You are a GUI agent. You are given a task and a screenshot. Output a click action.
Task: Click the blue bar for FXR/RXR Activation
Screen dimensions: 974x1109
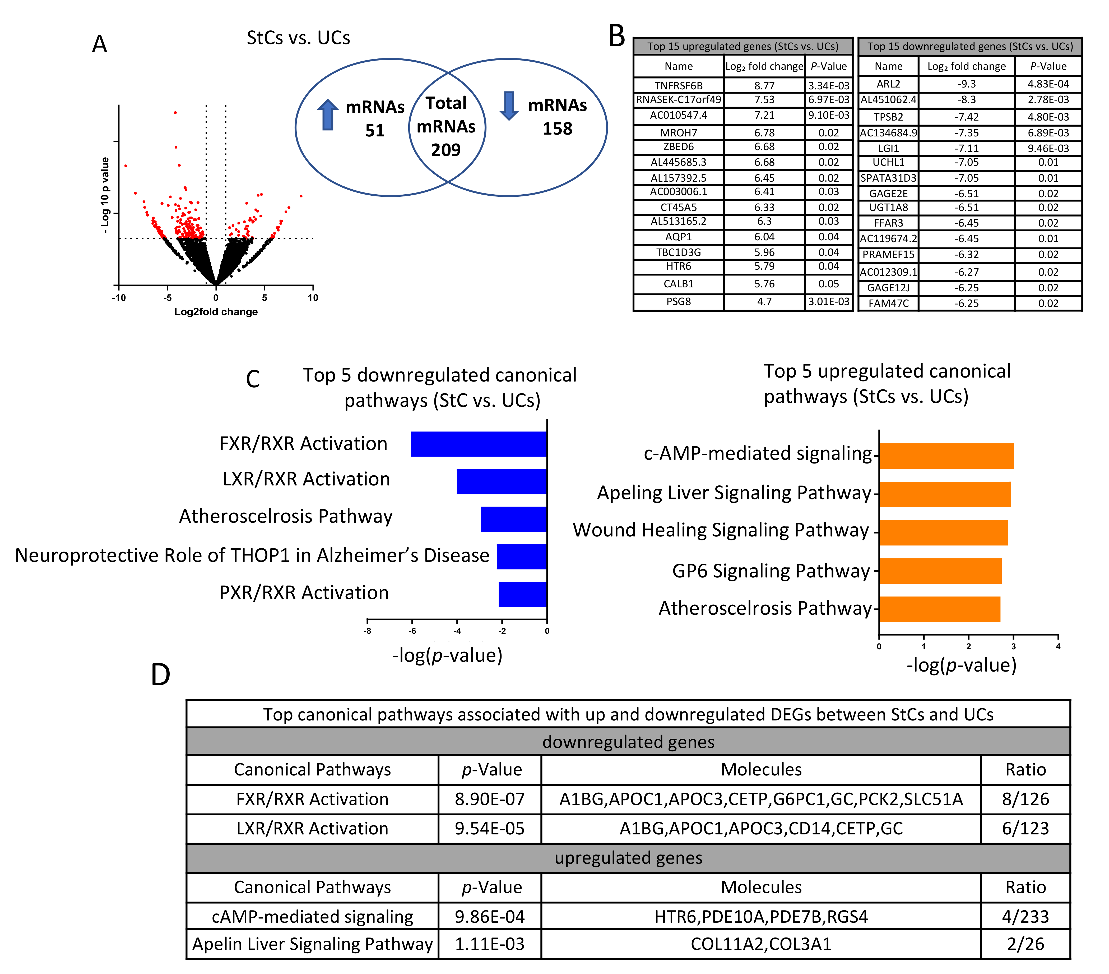(479, 444)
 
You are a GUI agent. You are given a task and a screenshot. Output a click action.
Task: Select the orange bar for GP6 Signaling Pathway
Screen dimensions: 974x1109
(940, 571)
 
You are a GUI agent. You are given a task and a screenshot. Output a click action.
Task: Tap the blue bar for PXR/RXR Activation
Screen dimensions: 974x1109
(522, 594)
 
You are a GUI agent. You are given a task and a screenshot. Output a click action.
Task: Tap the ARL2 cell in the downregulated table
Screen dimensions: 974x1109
(888, 84)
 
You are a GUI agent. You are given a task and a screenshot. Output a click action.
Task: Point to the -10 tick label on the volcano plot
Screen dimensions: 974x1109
(119, 297)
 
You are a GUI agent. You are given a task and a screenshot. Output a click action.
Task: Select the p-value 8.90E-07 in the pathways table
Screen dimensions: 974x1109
(489, 799)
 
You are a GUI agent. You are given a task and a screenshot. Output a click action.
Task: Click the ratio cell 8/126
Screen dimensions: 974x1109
(1025, 799)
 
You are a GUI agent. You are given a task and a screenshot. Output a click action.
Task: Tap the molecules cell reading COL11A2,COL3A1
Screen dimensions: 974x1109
(761, 944)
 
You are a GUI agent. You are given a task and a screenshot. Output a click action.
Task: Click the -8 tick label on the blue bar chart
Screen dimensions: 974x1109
(367, 631)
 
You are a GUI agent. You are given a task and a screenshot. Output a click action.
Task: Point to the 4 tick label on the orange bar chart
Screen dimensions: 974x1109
(1057, 646)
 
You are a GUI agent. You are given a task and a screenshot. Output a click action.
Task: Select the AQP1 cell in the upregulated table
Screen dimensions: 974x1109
(678, 237)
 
